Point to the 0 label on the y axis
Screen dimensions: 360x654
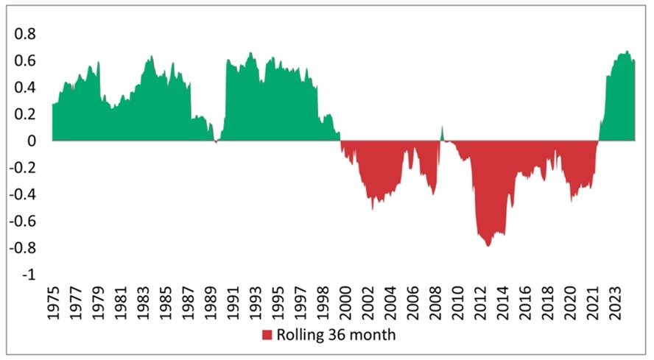coord(30,141)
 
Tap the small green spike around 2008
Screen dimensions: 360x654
coord(442,133)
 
